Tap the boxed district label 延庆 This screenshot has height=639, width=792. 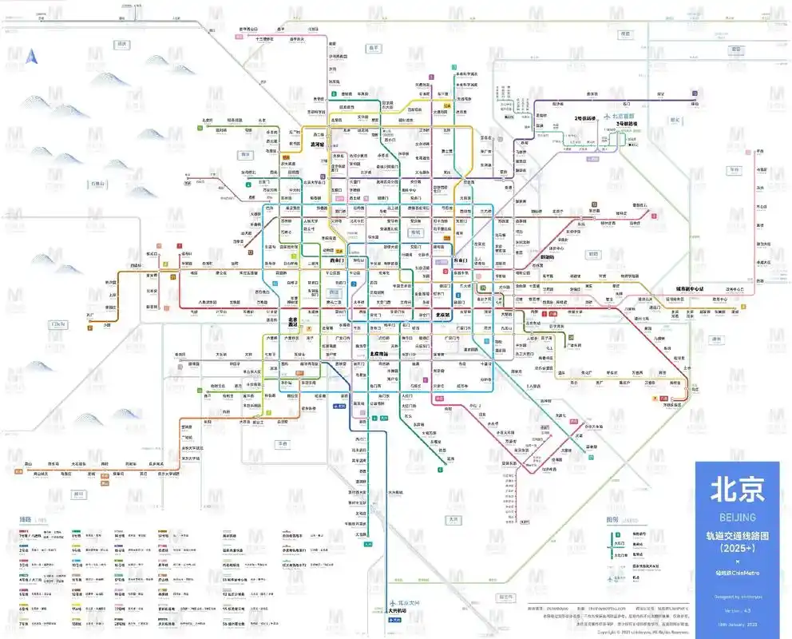(x=122, y=43)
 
